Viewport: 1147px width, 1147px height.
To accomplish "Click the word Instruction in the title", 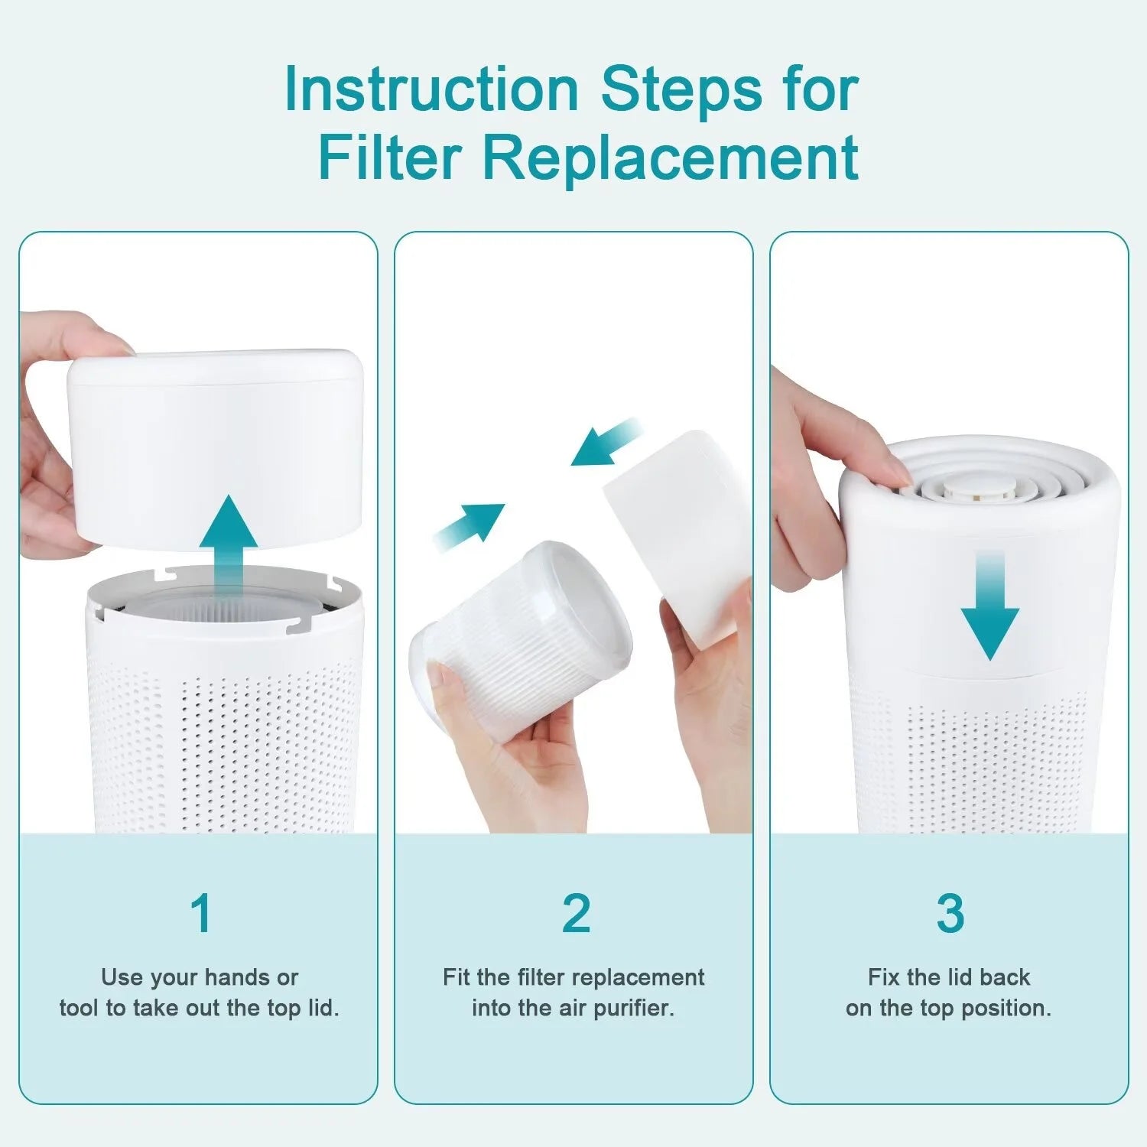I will coord(431,90).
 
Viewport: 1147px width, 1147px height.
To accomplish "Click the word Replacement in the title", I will coord(670,158).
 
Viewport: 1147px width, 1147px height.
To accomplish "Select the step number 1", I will coord(200,913).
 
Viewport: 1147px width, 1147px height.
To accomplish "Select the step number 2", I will coord(576,913).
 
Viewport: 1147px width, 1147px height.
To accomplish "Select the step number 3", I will coord(950,913).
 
